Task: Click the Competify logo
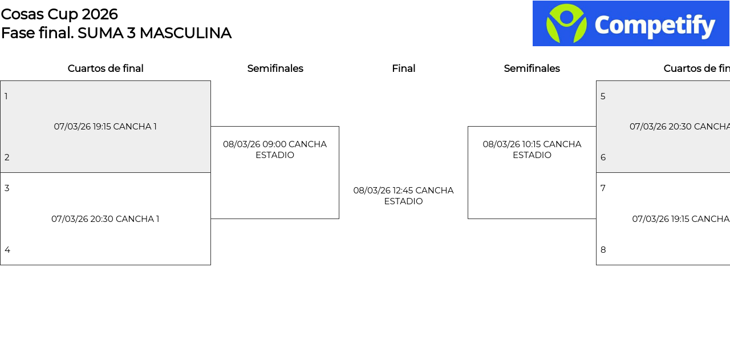[631, 23]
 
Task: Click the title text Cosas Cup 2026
[59, 14]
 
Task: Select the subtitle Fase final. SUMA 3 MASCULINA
[116, 33]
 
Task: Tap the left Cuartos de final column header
[106, 68]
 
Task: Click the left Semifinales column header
[275, 68]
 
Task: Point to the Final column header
[403, 68]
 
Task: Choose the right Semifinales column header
[532, 68]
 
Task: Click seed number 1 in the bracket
[6, 96]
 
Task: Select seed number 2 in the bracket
[7, 157]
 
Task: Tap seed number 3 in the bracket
[7, 188]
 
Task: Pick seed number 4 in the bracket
[7, 250]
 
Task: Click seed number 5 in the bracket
[603, 96]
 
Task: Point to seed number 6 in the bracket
[603, 157]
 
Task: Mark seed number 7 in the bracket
[603, 188]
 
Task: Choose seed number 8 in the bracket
[603, 250]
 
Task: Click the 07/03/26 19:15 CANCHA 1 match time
[106, 127]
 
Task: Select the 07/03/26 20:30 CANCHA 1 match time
[106, 219]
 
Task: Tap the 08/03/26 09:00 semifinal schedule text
[275, 149]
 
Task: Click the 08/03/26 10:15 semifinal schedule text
[532, 149]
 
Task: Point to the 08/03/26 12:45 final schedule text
[403, 196]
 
